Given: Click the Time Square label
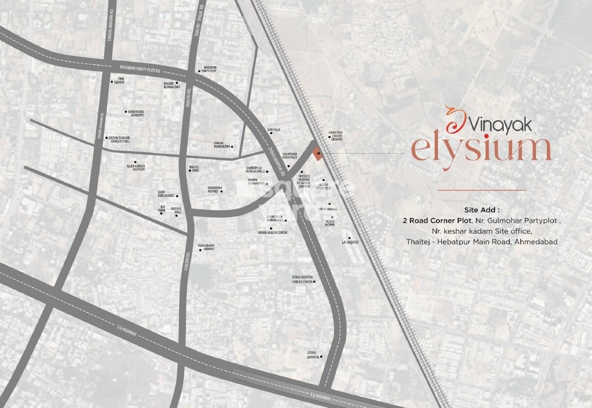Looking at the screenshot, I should coord(119,80).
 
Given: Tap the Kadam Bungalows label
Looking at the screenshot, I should coord(172,85).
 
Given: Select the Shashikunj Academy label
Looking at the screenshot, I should coord(135,113).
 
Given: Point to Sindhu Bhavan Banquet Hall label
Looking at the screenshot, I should coord(120,139).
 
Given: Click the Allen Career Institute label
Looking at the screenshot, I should coord(136,167).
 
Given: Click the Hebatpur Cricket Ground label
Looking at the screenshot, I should coord(336,136).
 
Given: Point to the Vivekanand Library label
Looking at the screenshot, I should coord(206,248).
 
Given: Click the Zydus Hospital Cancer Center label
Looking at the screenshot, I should coord(302,280).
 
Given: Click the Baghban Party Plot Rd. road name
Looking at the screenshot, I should coord(140,68).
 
